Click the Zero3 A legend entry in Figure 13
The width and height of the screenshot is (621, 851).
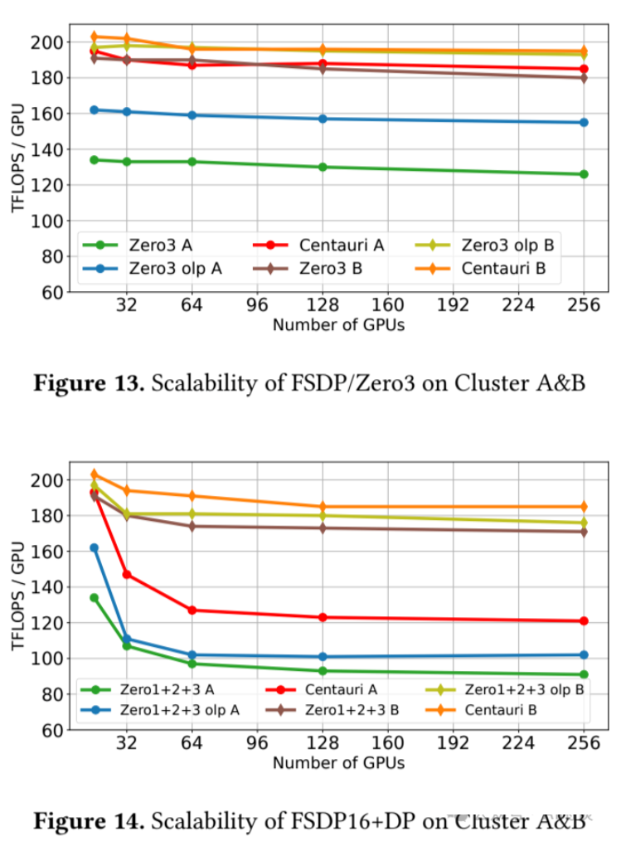(158, 245)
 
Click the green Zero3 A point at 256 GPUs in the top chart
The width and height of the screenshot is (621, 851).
(584, 174)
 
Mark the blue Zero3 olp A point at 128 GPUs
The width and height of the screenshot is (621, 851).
(323, 119)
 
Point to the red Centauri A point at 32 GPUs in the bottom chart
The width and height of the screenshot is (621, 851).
(127, 574)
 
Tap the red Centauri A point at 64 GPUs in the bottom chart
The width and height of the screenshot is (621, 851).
(192, 610)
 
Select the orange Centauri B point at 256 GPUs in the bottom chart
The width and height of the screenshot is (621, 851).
(584, 506)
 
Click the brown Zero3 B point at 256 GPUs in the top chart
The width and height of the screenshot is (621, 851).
(584, 78)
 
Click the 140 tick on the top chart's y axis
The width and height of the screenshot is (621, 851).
(51, 150)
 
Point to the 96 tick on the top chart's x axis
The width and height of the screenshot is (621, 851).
(257, 305)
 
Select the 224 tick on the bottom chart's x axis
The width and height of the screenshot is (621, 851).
(518, 743)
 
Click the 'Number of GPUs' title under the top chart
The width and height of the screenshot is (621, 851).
(338, 325)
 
